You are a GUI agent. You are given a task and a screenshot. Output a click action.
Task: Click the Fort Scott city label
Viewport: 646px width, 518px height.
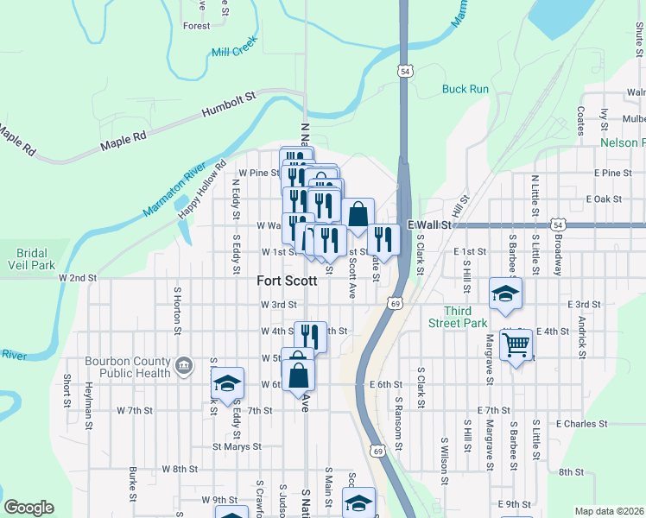[287, 281]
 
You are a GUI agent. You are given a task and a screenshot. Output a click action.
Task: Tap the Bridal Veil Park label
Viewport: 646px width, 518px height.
[25, 260]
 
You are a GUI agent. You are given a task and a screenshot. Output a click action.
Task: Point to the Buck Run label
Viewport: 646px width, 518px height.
[465, 89]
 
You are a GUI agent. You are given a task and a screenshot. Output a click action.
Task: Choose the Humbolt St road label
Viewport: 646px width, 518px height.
[229, 104]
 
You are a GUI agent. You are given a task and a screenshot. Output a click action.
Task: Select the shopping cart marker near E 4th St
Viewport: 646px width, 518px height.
[516, 345]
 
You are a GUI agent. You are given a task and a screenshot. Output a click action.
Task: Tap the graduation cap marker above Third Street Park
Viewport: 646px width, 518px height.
[505, 294]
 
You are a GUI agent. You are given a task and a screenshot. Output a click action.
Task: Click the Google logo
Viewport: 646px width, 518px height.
[28, 508]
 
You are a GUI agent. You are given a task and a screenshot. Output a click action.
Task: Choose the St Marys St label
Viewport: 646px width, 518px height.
[237, 446]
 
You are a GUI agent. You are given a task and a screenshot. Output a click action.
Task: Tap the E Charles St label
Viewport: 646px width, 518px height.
[583, 424]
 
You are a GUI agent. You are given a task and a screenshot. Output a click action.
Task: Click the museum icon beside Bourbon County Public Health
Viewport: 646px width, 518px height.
[183, 366]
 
